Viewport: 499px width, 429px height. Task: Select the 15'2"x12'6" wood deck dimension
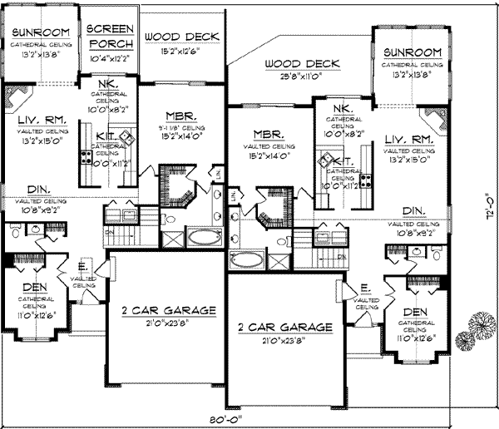[181, 52]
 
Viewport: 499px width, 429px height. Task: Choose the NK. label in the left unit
[107, 86]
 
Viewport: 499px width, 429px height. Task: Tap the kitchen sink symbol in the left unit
[127, 138]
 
